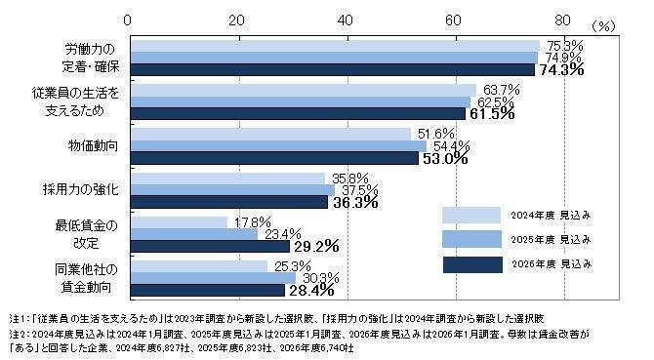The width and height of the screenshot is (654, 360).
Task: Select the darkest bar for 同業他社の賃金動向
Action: coord(207,290)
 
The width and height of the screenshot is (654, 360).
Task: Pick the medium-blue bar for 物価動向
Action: coord(277,145)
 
